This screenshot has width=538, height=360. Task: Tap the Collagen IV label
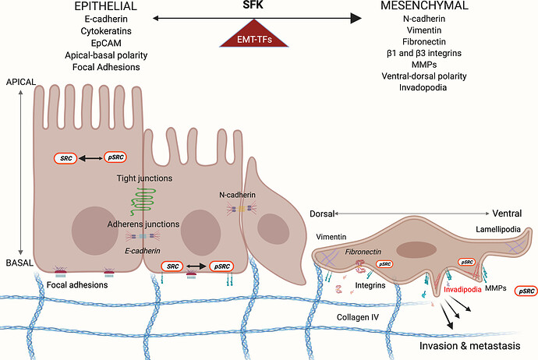point(357,318)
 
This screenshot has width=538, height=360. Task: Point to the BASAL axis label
point(19,263)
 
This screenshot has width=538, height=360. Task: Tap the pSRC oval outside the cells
point(527,291)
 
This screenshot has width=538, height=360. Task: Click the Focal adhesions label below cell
point(82,284)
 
